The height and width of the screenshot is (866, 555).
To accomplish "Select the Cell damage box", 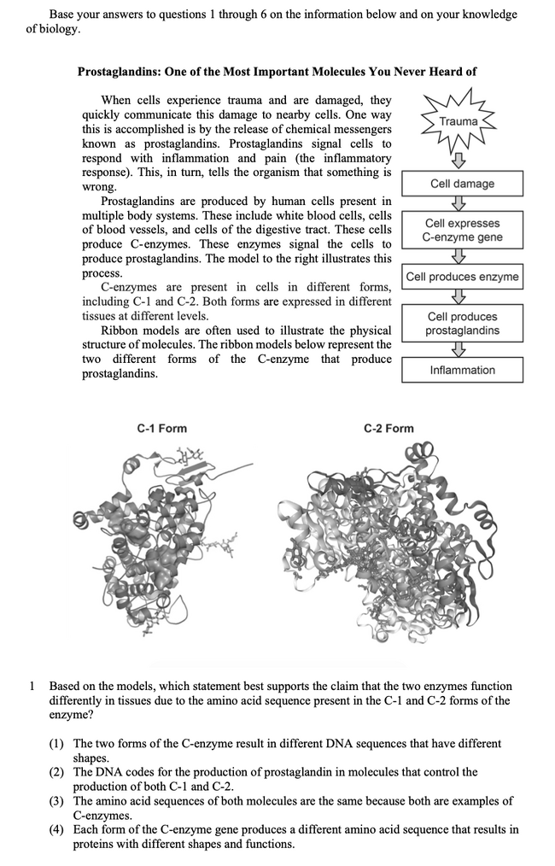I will click(462, 184).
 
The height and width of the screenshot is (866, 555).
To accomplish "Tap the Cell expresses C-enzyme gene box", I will click(462, 231).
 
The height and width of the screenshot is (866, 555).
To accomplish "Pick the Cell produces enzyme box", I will click(462, 277).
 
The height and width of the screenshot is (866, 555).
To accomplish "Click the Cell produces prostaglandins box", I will click(462, 324).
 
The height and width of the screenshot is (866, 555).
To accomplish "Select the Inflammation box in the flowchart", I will click(462, 370).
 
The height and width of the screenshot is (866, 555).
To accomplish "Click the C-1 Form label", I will click(161, 428).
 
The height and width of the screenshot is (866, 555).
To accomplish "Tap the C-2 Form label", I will click(388, 428).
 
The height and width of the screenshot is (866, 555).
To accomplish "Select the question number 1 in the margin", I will click(31, 686).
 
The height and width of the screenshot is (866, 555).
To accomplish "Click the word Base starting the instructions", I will click(63, 15).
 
